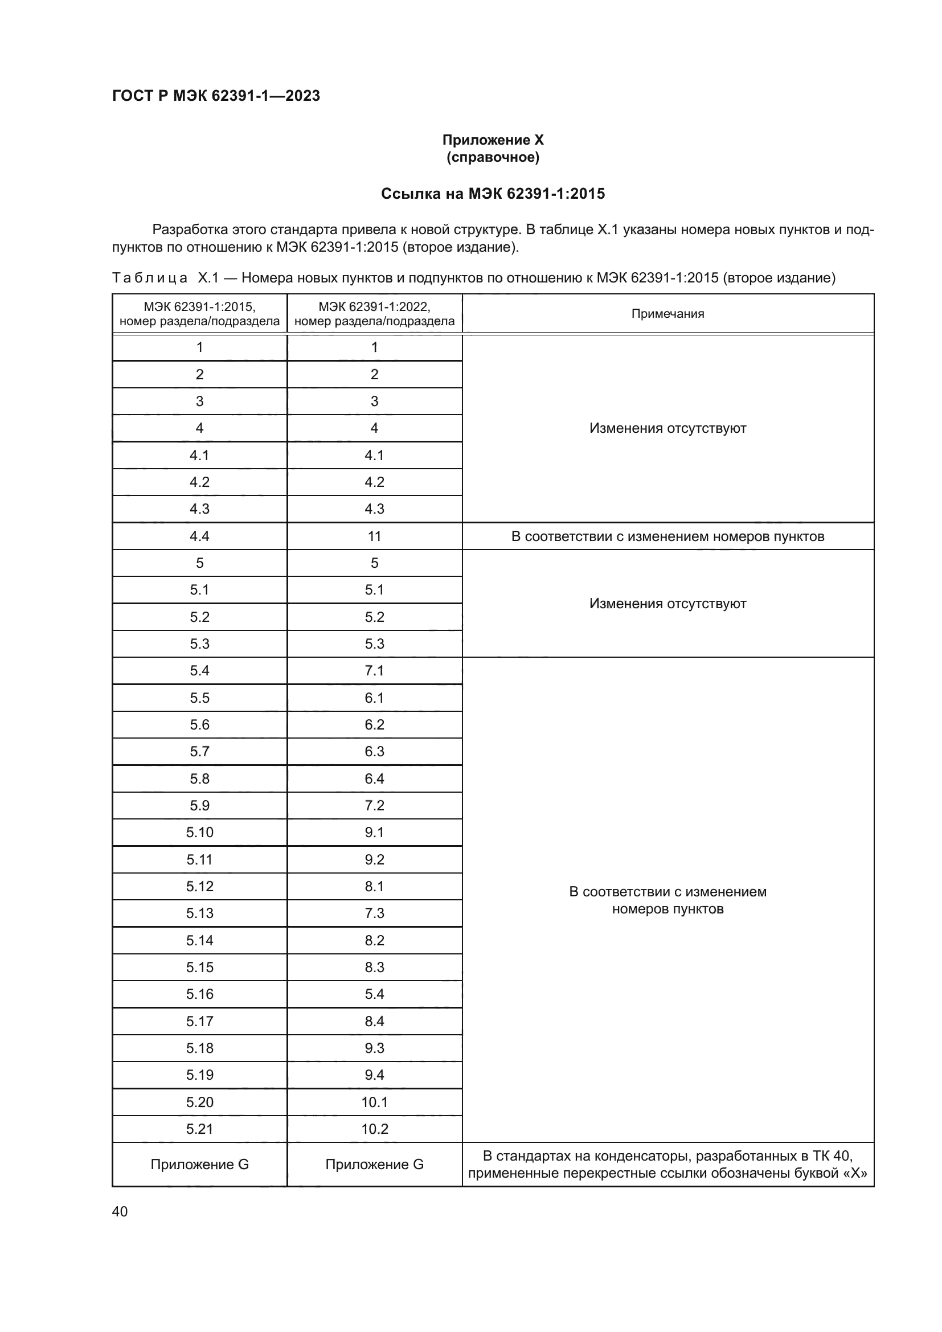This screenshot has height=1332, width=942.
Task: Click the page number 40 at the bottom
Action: point(120,1212)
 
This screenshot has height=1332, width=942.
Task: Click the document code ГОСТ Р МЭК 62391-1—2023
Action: point(216,96)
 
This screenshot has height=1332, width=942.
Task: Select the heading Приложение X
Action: point(493,141)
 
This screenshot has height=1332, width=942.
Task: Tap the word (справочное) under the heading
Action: point(493,158)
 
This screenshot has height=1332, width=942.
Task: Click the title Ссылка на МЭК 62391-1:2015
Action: point(493,194)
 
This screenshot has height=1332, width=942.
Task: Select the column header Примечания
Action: point(667,314)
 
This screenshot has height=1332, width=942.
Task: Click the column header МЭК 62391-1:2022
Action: point(374,314)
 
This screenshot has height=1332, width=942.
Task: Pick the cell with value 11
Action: point(374,536)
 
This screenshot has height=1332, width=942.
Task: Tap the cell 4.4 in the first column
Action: point(199,536)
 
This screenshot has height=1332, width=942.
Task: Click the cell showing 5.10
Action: point(199,833)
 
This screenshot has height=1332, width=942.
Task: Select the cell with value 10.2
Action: point(374,1129)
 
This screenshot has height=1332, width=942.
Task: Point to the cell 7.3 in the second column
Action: point(374,913)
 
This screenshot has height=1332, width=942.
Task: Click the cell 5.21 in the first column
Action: point(199,1129)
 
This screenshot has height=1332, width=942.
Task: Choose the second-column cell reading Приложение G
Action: point(374,1165)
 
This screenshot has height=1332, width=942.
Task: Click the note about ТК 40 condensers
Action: point(667,1165)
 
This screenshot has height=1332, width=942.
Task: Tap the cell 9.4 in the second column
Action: point(374,1075)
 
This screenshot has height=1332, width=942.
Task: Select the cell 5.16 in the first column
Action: point(199,994)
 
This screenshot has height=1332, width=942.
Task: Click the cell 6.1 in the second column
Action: point(374,698)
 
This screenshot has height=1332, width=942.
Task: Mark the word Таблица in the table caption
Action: point(150,278)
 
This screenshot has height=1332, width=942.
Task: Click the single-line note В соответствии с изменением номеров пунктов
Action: point(667,536)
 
